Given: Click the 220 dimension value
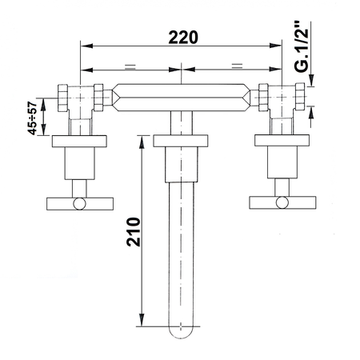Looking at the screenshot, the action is click(x=183, y=37).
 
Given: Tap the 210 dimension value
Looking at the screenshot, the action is click(x=134, y=232).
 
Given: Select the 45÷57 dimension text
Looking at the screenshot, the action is click(x=33, y=118).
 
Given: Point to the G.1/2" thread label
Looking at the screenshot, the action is click(x=302, y=46).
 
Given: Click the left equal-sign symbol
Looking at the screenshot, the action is click(x=130, y=66).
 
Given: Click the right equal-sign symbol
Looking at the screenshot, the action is click(x=237, y=66).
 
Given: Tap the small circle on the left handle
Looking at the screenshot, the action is click(x=80, y=204).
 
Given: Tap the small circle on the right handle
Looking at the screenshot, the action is click(x=282, y=202).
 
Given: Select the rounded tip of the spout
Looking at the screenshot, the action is click(x=181, y=333).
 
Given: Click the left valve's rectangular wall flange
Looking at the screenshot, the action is click(x=79, y=142).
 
